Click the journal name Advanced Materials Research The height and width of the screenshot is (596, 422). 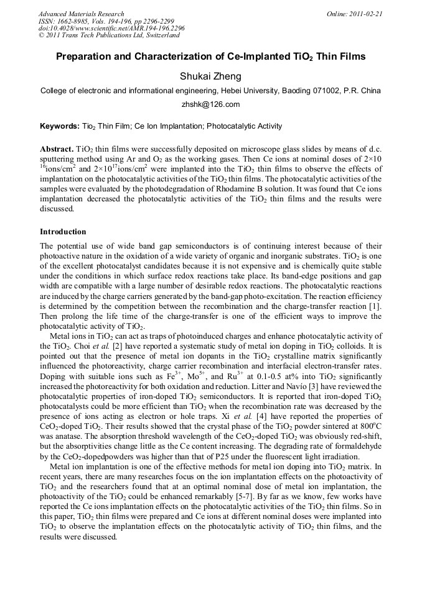pos(81,14)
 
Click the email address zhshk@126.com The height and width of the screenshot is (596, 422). pos(210,104)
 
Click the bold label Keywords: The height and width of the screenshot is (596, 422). pos(60,126)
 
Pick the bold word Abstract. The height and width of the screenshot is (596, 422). pos(57,150)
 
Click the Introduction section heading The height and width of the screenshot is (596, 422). pos(63,232)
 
